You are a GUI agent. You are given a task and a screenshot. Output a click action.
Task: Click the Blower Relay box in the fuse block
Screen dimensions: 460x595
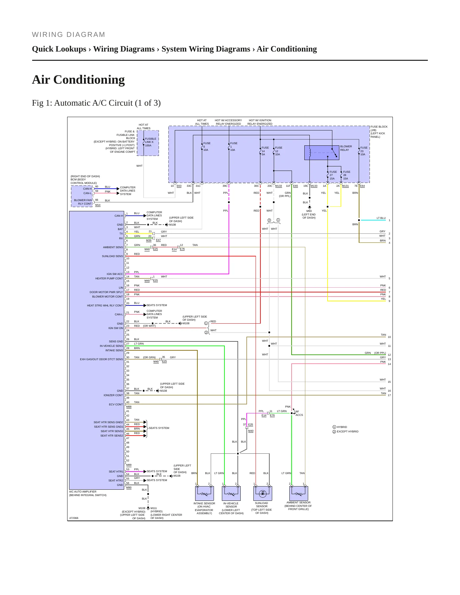coord(322,153)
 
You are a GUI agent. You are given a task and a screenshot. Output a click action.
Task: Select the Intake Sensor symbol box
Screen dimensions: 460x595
coord(204,493)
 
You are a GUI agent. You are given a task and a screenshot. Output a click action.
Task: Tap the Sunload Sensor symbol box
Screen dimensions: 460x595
coord(263,493)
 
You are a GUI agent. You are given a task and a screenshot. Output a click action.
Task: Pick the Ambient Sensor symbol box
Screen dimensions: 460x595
coord(299,493)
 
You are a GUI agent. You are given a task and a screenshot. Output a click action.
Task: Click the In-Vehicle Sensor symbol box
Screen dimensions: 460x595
coord(231,493)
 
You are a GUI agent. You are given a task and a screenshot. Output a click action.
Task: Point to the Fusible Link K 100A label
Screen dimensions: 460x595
coord(151,142)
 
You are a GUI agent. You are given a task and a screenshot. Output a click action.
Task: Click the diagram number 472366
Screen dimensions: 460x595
coord(74,518)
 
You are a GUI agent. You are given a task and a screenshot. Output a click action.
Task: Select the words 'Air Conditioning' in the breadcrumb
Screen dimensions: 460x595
coord(287,49)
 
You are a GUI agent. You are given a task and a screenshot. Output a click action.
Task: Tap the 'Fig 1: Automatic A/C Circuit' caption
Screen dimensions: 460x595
coord(96,103)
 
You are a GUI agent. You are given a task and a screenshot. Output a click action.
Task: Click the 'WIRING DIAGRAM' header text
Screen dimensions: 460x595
coord(68,35)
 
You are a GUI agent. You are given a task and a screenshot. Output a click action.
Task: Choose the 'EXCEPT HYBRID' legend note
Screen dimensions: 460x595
coord(348,432)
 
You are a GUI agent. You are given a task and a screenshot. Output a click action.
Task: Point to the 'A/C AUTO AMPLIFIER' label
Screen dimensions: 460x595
coord(83,492)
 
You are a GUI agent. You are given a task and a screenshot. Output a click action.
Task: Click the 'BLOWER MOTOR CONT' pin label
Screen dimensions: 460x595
coord(108,297)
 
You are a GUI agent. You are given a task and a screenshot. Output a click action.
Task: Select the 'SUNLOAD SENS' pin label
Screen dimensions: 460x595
coord(112,256)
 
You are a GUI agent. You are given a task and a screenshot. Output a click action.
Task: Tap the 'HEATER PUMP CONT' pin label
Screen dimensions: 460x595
coord(109,278)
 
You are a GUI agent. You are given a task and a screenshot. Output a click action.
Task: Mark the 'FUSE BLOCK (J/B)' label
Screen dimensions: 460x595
coord(379,128)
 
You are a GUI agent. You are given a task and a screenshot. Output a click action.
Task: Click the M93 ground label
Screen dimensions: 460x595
coord(309,211)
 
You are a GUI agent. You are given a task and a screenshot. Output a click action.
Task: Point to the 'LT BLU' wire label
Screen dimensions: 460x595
coord(381,218)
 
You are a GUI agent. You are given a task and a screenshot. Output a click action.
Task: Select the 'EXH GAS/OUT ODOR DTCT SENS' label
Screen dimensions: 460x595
coord(102,359)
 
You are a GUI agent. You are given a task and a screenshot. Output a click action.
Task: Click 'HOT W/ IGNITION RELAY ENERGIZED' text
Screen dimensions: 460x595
coord(260,122)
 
